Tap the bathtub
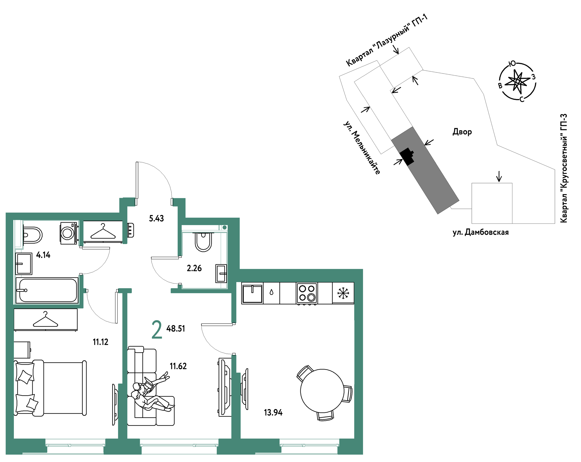tap(47, 290)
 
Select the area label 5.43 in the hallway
tap(156, 218)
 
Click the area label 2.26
tap(194, 268)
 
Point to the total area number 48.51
tap(176, 329)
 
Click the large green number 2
tap(157, 330)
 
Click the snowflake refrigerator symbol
tap(343, 293)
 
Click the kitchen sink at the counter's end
tap(252, 293)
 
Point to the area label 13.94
tap(273, 413)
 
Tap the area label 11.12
tap(100, 342)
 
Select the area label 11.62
tap(178, 366)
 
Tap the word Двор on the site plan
tap(462, 132)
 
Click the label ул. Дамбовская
tap(481, 232)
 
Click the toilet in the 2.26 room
tap(203, 242)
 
